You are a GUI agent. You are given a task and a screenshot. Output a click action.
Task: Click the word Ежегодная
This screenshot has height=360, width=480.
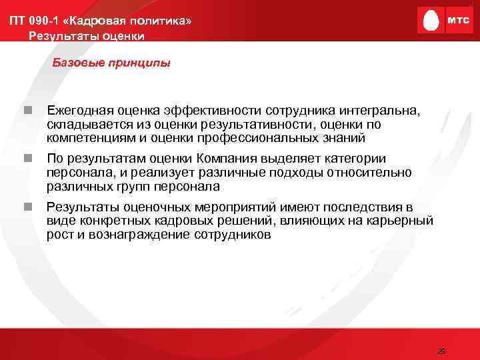click(x=80, y=109)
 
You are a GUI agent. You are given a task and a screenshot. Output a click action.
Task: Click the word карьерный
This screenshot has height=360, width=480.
click(x=402, y=220)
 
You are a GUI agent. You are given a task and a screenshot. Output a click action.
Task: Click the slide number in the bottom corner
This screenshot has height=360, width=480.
click(x=440, y=351)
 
